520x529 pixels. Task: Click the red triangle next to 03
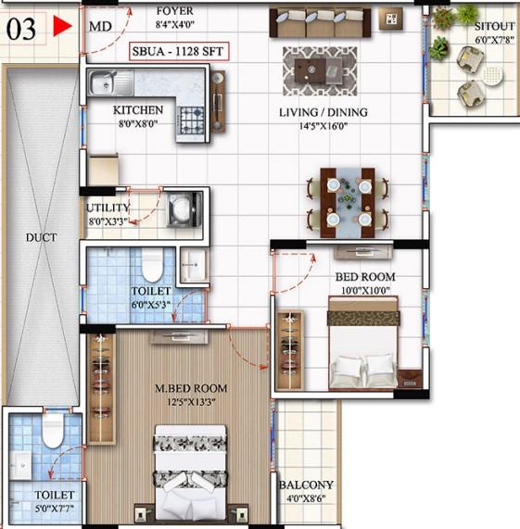[x=61, y=26]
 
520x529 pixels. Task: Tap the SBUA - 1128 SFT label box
[x=179, y=52]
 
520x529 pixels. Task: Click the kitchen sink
[x=111, y=82]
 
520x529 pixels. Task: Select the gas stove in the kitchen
[x=192, y=120]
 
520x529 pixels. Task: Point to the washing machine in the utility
[x=184, y=209]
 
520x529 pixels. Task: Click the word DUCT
[x=41, y=237]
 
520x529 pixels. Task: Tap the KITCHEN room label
[x=138, y=110]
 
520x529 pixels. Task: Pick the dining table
[x=348, y=202]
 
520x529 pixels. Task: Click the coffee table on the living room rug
[x=319, y=70]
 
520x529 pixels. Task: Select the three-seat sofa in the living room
[x=320, y=22]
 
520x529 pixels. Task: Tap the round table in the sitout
[x=492, y=75]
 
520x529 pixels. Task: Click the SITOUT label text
[x=494, y=26]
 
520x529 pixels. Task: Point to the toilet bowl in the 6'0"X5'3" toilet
[x=152, y=265]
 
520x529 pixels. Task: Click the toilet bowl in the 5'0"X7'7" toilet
[x=53, y=431]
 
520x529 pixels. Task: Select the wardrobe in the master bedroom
[x=101, y=387]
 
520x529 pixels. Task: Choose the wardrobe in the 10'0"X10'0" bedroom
[x=290, y=350]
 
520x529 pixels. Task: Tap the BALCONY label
[x=306, y=485]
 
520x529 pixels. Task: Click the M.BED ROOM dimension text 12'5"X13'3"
[x=191, y=402]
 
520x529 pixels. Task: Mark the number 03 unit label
[x=21, y=30]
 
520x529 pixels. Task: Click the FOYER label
[x=175, y=11]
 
